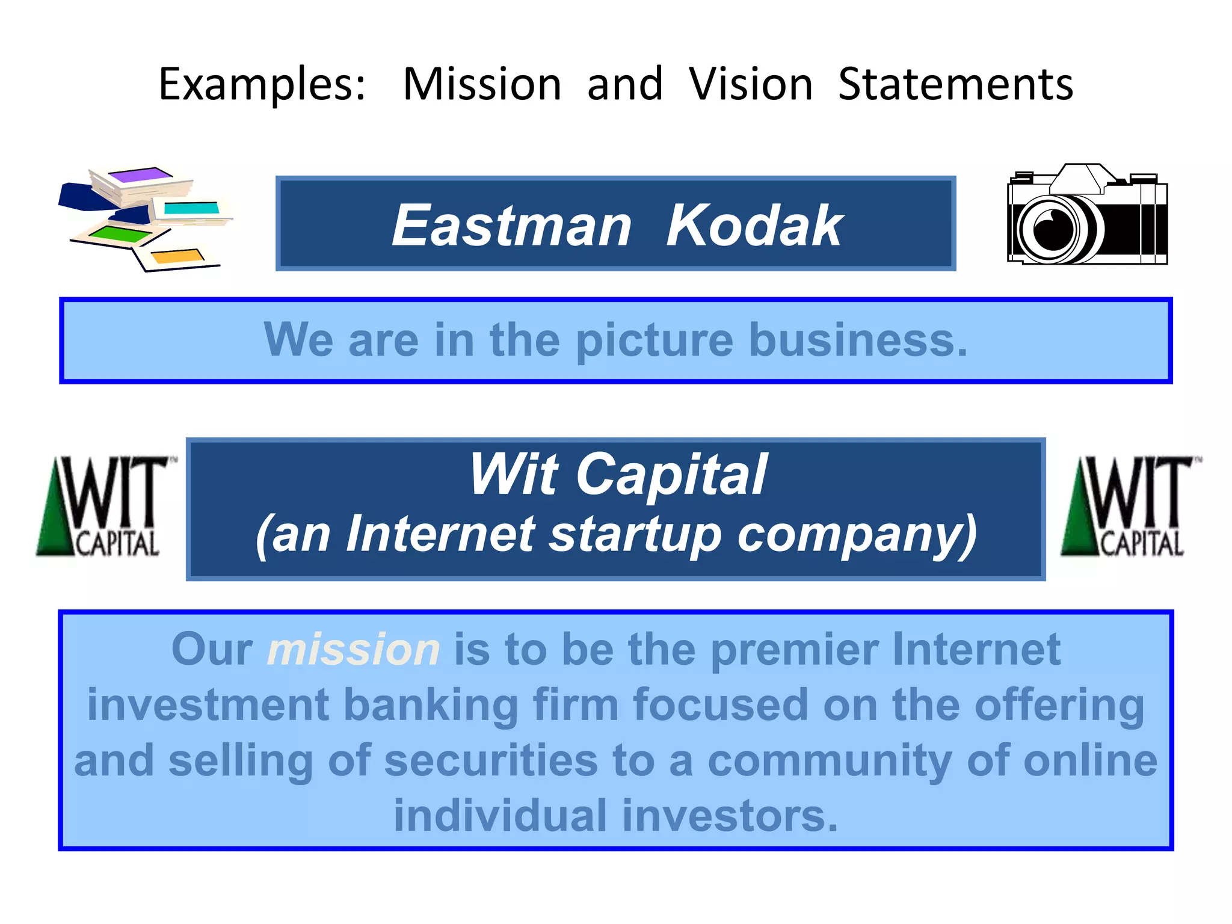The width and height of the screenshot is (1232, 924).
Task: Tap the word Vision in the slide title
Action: [750, 85]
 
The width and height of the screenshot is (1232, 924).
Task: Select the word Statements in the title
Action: [955, 85]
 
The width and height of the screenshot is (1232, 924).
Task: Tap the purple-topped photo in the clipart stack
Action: [141, 176]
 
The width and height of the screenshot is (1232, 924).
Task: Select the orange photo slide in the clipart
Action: [177, 257]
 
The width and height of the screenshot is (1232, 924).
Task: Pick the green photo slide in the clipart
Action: [120, 233]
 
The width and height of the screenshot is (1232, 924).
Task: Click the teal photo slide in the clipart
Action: [191, 208]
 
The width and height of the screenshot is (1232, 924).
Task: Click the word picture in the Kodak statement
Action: [654, 340]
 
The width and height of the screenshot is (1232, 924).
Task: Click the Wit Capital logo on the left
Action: [102, 507]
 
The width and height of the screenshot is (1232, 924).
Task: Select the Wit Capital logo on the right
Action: [1126, 507]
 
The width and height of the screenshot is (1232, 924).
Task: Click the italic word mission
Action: [354, 650]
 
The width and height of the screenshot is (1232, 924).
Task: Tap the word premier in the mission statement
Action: [794, 650]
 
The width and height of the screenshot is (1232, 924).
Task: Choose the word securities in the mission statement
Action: [491, 761]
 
